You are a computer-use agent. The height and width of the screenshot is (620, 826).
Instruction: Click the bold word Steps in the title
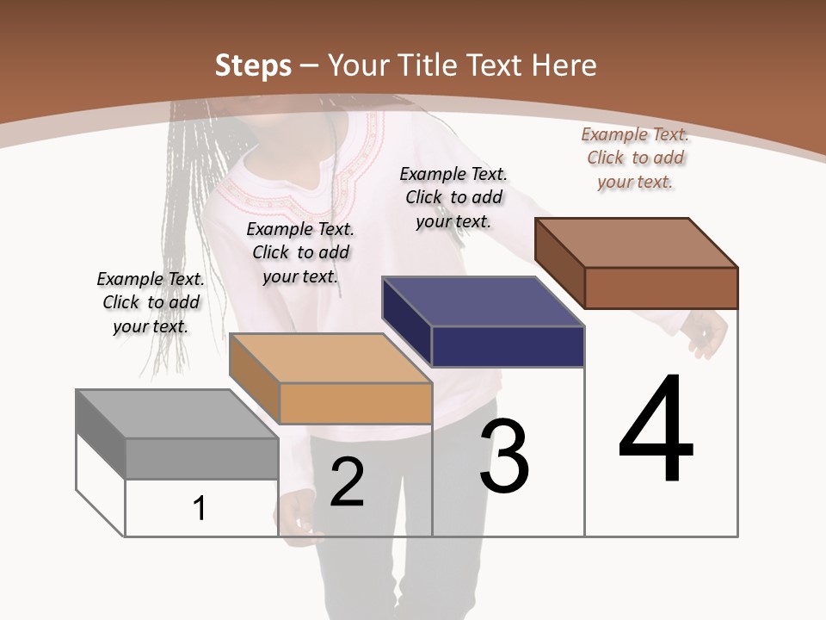point(253,65)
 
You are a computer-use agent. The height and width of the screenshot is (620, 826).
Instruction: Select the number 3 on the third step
point(503,456)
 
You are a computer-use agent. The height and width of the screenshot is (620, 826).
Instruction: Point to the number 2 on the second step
point(347,482)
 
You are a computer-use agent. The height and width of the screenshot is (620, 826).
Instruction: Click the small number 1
point(199,508)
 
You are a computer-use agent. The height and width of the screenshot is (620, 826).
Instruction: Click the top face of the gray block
point(176,414)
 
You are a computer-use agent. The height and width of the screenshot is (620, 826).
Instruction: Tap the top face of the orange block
point(330,358)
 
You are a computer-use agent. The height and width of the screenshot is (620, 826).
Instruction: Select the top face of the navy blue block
point(483,301)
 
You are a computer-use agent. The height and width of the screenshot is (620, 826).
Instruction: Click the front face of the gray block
point(201,458)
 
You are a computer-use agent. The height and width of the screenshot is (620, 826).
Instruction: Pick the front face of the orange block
point(355,403)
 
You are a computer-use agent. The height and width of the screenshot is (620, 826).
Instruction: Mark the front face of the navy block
point(508,346)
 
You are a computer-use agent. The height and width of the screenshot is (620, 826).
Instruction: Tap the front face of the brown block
point(661,288)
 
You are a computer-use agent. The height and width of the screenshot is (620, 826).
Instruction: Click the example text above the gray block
point(151,302)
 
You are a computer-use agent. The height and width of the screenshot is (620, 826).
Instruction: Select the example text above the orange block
point(300,252)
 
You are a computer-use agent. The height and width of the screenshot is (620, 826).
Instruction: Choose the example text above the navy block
point(453,197)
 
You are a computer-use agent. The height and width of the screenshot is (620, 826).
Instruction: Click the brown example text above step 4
point(635,158)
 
